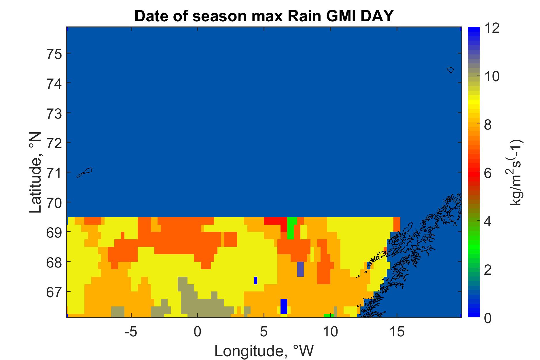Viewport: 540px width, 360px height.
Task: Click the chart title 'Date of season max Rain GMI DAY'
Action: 264,16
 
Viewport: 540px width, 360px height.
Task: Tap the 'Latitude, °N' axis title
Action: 36,173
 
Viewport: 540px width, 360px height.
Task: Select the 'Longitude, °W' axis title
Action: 264,351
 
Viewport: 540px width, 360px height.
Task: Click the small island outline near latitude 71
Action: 84,172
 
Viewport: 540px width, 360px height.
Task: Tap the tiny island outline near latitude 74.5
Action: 450,70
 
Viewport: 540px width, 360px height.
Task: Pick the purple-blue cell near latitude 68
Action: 300,269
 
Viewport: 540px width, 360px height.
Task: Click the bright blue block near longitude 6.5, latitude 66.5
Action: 284,306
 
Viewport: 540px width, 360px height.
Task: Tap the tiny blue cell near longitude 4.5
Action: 255,280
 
